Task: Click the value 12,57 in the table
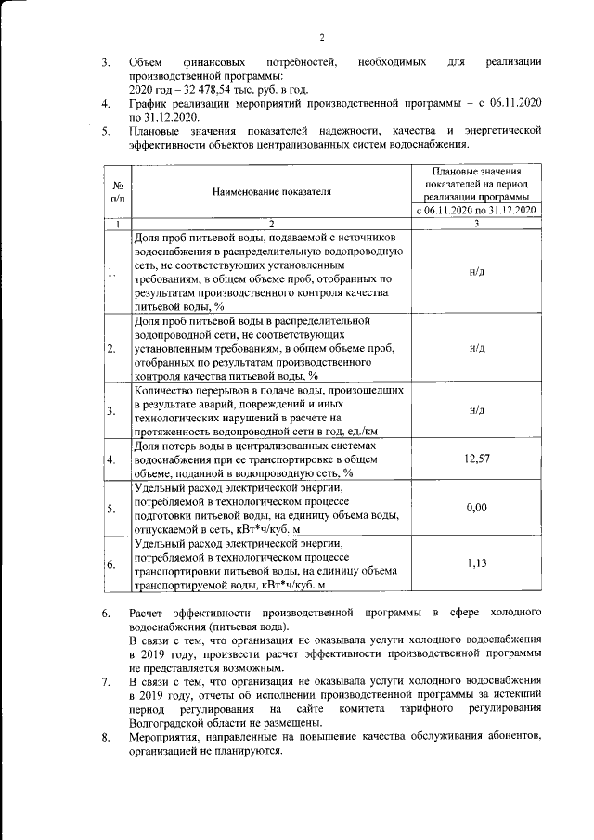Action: [x=476, y=459]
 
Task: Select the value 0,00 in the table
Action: [x=476, y=508]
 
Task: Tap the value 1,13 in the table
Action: [x=476, y=562]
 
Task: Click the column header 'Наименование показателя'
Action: [x=271, y=192]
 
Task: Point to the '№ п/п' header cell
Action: [x=117, y=192]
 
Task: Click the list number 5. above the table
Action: [x=106, y=133]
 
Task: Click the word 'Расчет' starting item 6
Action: [x=148, y=614]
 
